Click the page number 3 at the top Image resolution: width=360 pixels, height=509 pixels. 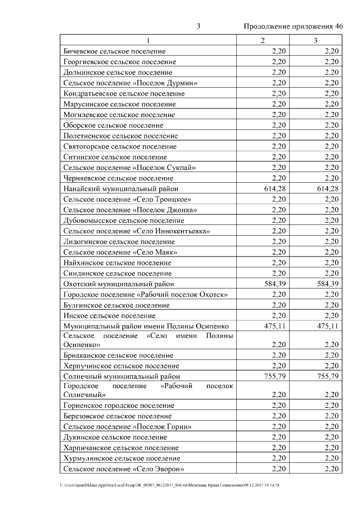tap(199, 26)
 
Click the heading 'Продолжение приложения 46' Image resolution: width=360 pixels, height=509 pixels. tap(293, 26)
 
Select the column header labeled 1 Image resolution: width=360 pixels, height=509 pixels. tap(148, 40)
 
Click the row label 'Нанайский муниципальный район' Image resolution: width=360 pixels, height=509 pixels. tap(121, 188)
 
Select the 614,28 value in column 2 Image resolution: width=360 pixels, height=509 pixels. tap(275, 188)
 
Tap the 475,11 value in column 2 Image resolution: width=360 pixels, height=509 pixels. tap(275, 326)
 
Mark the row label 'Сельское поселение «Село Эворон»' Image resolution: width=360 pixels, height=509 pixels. tap(124, 469)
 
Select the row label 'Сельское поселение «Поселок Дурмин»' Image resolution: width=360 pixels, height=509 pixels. tap(130, 83)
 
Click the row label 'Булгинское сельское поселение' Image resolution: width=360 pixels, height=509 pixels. tap(116, 305)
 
